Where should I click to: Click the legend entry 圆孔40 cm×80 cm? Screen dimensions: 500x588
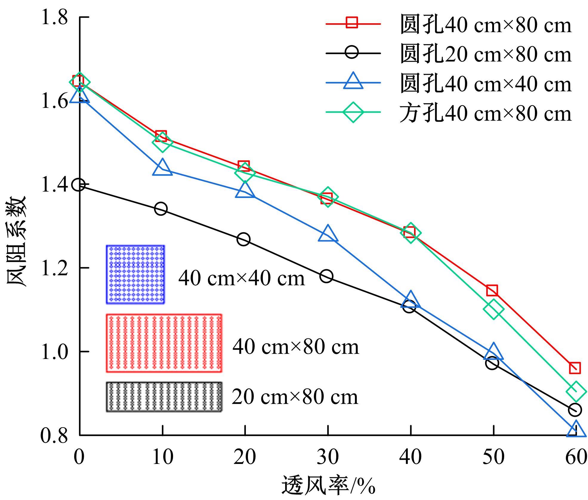click(x=485, y=24)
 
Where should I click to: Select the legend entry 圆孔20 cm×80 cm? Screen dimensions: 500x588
click(x=485, y=54)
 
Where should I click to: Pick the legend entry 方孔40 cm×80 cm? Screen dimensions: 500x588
click(x=485, y=114)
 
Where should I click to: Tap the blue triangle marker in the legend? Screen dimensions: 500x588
click(x=353, y=81)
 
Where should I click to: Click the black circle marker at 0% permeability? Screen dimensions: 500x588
click(x=79, y=185)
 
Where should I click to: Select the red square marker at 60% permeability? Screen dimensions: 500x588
click(x=575, y=368)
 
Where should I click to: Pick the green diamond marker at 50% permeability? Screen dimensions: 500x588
click(x=493, y=309)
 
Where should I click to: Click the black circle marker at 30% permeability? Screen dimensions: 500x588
click(x=326, y=276)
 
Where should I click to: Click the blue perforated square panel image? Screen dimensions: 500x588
click(x=135, y=275)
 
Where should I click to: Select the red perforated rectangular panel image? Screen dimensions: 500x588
click(x=164, y=343)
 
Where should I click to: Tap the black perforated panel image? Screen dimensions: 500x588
click(x=164, y=397)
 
